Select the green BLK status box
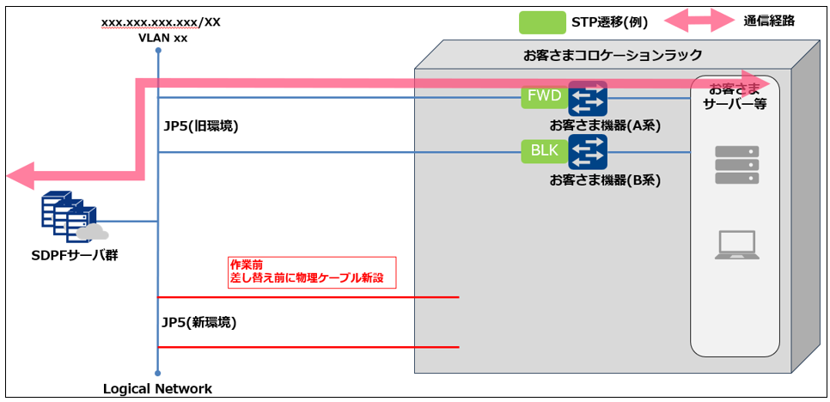point(543,152)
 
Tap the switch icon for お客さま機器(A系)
point(588,99)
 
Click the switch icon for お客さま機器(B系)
point(588,152)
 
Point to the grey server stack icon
point(737,165)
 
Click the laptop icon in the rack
point(736,244)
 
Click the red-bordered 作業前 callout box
point(311,272)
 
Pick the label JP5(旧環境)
point(201,125)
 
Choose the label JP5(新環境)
point(198,323)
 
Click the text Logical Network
point(157,389)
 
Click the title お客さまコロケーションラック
point(613,55)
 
